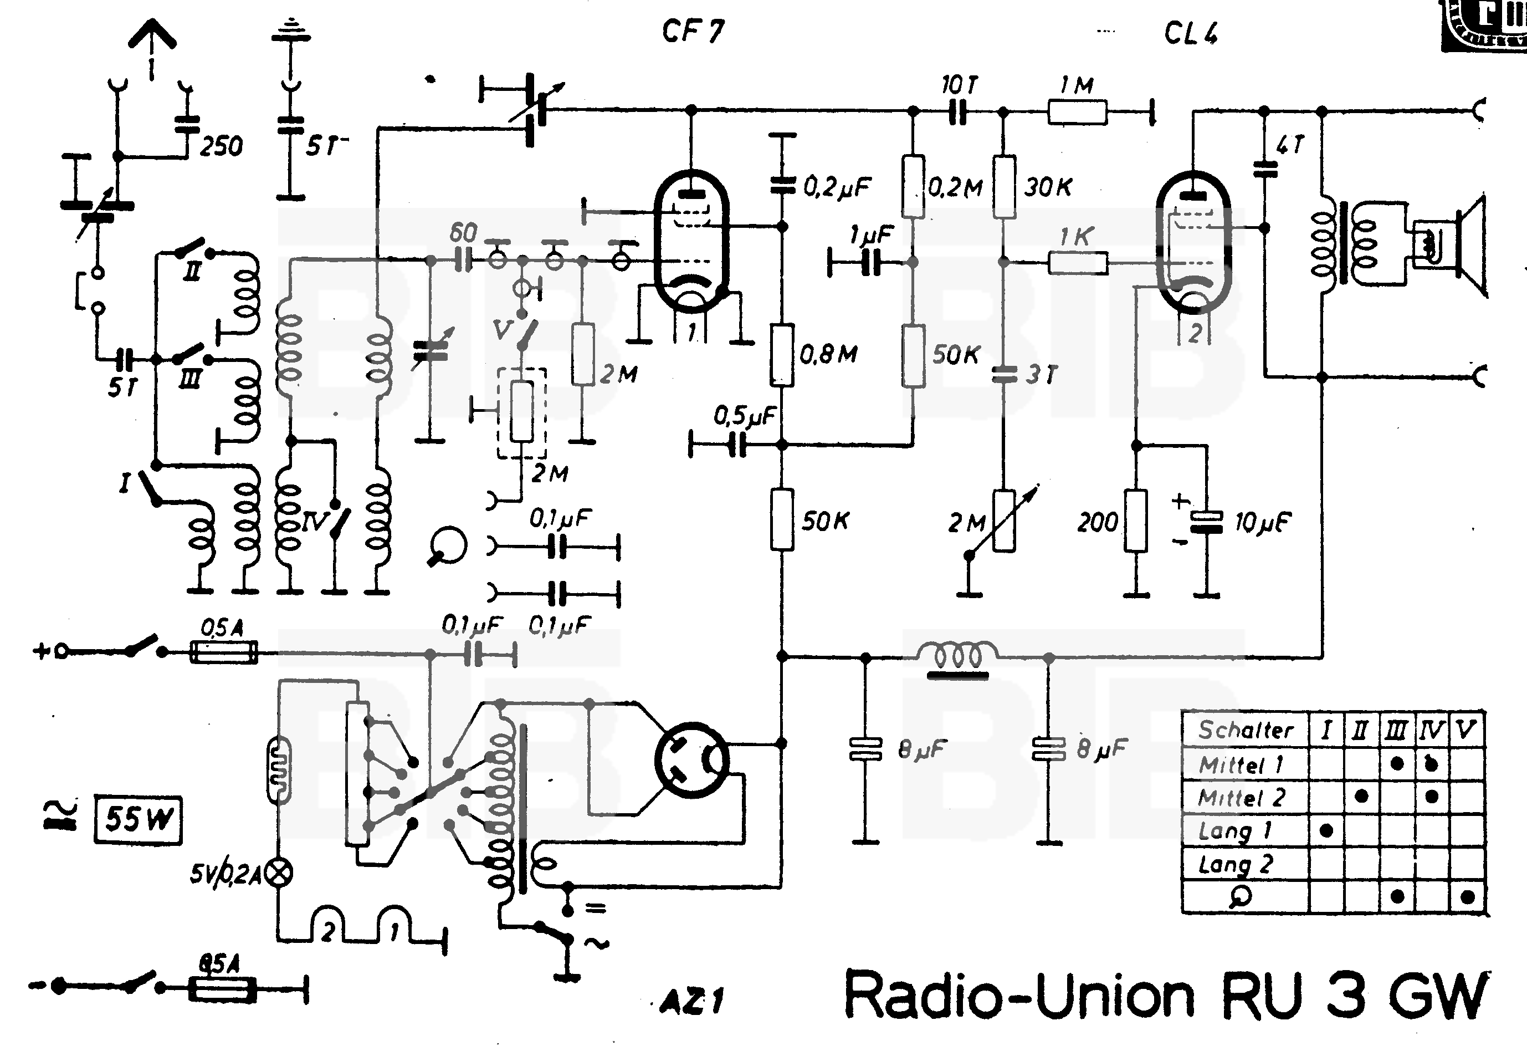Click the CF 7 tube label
(x=693, y=31)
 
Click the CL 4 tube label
(x=1191, y=33)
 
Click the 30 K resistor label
(x=1048, y=187)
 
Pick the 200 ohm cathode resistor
(x=1136, y=520)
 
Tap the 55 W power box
(x=138, y=820)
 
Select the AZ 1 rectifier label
(x=691, y=1002)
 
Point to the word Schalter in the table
(x=1246, y=729)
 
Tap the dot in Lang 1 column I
(x=1326, y=830)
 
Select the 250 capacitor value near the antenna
(x=221, y=146)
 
